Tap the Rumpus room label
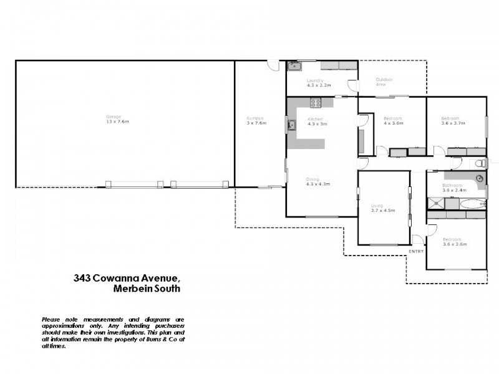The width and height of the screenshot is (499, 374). [x=254, y=118]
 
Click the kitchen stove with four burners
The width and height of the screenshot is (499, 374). [x=316, y=103]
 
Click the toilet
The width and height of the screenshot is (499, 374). [x=479, y=163]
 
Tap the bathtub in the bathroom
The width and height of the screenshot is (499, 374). [x=470, y=203]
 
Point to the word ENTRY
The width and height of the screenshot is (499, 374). [x=416, y=251]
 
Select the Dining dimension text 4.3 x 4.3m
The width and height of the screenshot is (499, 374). [x=317, y=184]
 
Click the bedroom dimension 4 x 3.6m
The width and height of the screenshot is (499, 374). [x=393, y=123]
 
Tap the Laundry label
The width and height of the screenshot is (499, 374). [x=314, y=80]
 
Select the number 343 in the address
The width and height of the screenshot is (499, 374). [x=79, y=279]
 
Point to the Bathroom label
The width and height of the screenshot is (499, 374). [x=452, y=185]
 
